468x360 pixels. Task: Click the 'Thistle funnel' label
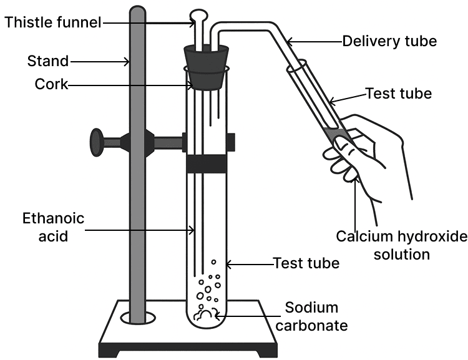(53, 23)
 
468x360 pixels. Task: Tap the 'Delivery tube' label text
(389, 41)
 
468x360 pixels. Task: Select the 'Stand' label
(47, 61)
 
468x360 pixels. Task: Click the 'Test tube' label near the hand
(398, 94)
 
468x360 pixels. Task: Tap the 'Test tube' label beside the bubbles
(306, 263)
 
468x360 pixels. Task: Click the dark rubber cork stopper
(206, 67)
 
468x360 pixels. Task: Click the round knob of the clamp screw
(97, 142)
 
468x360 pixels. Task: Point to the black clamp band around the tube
(206, 162)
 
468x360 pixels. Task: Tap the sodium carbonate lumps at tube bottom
(205, 314)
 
